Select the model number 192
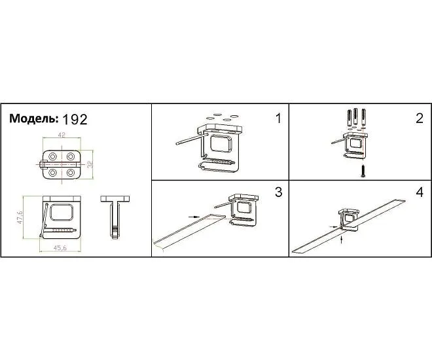pos(75,119)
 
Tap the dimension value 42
pos(62,135)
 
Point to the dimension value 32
pos(90,164)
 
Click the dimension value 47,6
pos(20,217)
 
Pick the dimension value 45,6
pos(60,248)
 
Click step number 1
pos(278,118)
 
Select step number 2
pos(420,118)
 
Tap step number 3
pos(279,192)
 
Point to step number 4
pos(420,192)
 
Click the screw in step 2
pos(363,170)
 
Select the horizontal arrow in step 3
pos(194,217)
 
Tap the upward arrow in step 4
pos(342,240)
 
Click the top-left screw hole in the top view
pos(52,156)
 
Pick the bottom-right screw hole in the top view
pos(71,173)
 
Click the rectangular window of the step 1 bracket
pos(221,143)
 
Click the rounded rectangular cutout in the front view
pos(62,212)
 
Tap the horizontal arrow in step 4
pos(334,226)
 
